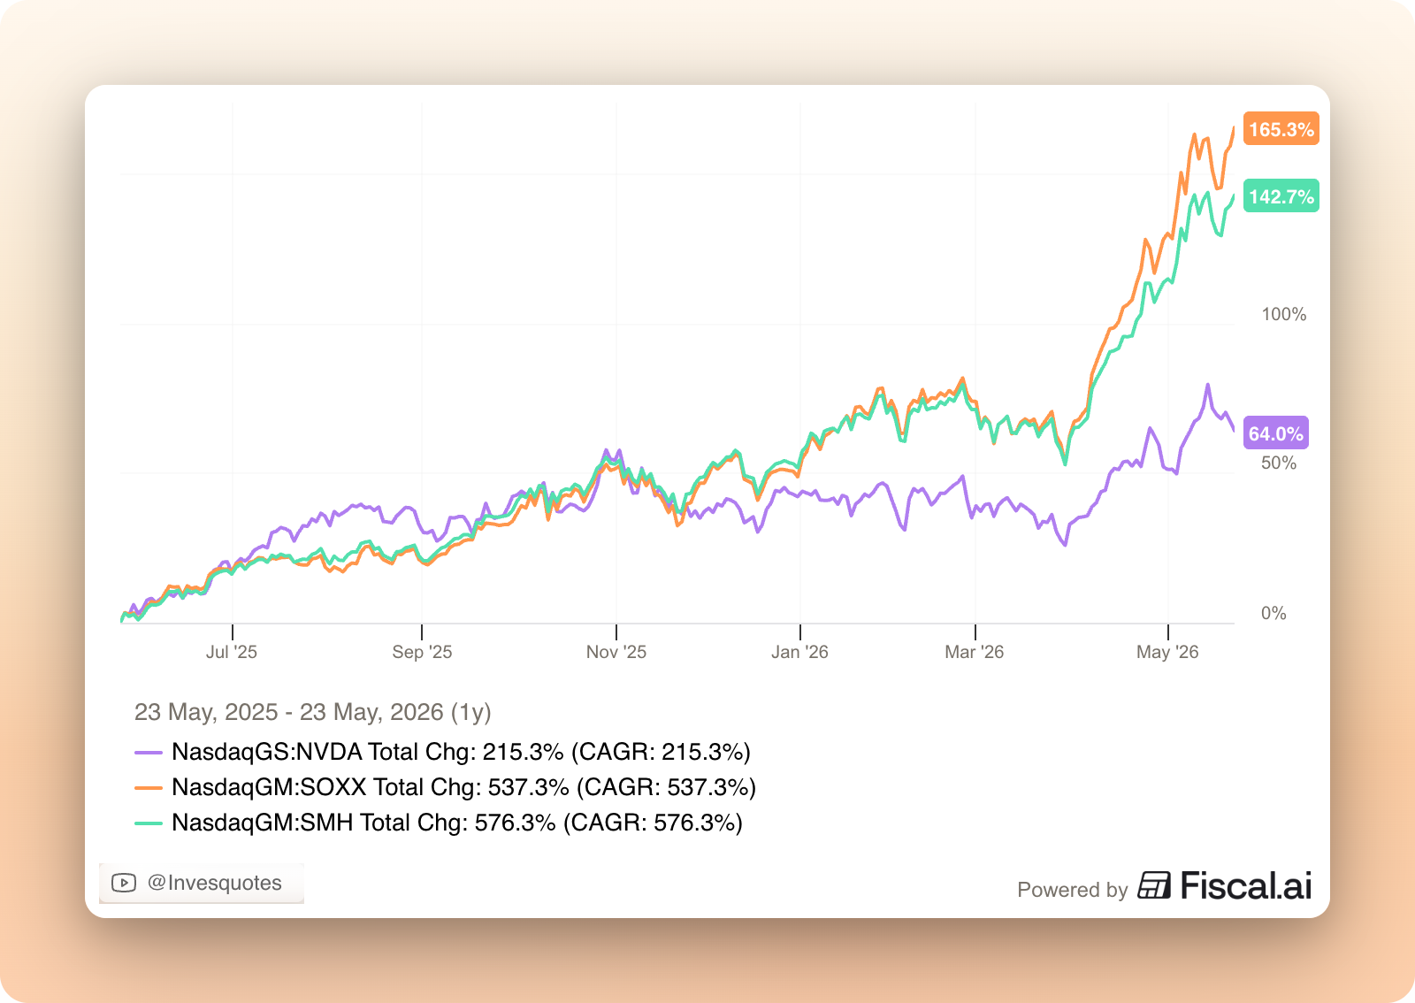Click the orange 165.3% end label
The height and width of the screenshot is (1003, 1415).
click(x=1281, y=129)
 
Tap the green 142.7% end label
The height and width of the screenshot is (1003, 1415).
click(x=1281, y=195)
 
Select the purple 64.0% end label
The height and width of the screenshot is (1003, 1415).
click(x=1275, y=433)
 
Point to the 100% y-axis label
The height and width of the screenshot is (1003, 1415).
click(x=1283, y=314)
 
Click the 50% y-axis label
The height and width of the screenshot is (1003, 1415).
click(x=1279, y=463)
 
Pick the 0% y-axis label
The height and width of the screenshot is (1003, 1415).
click(x=1273, y=613)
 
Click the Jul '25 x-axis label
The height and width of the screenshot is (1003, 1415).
click(x=231, y=652)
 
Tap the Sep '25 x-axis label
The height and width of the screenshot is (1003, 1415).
click(x=422, y=652)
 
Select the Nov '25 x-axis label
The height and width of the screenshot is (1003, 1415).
click(x=616, y=652)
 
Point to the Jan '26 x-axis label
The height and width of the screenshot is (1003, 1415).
click(x=799, y=652)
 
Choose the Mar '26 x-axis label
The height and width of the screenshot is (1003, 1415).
click(x=974, y=652)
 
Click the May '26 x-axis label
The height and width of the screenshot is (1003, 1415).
click(x=1166, y=652)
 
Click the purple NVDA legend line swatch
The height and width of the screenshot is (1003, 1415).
click(x=149, y=752)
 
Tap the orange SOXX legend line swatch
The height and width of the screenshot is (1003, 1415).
click(x=149, y=787)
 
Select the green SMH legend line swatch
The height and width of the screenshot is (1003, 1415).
click(x=149, y=823)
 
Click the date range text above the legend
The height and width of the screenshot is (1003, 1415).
click(x=313, y=713)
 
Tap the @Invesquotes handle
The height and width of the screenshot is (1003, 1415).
click(x=214, y=883)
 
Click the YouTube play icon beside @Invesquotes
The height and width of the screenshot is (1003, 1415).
click(x=124, y=883)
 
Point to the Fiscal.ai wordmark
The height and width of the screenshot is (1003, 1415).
click(x=1224, y=884)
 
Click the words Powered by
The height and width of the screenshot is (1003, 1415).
click(x=1072, y=889)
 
